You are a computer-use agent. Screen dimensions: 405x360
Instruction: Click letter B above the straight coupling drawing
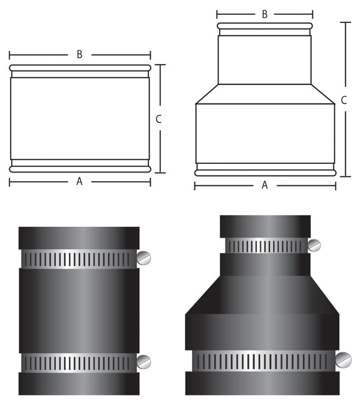[x=79, y=55]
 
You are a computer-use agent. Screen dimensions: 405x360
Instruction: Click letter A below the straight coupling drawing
[x=79, y=182]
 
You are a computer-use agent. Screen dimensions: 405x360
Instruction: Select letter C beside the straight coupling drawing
[x=159, y=119]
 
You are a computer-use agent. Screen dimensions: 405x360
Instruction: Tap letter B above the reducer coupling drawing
[x=265, y=14]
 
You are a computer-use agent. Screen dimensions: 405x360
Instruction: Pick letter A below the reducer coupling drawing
[x=265, y=185]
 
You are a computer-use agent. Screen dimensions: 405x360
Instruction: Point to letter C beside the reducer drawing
[x=344, y=100]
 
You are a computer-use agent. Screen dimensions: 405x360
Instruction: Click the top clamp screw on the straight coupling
[x=144, y=256]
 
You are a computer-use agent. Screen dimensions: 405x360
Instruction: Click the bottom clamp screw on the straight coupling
[x=144, y=361]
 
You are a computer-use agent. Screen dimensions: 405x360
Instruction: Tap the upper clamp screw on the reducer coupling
[x=315, y=245]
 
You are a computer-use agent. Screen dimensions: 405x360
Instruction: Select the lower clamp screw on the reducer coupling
[x=343, y=359]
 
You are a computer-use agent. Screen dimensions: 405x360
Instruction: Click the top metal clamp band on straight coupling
[x=79, y=259]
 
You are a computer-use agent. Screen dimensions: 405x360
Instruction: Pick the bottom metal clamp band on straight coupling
[x=79, y=362]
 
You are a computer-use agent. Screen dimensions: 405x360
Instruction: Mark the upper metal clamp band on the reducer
[x=265, y=246]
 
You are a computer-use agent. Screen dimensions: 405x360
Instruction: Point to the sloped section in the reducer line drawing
[x=265, y=94]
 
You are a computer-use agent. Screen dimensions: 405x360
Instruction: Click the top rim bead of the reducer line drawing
[x=265, y=26]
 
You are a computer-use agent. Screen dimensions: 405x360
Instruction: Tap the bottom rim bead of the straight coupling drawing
[x=79, y=169]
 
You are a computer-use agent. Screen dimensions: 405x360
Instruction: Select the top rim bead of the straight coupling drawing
[x=79, y=68]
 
